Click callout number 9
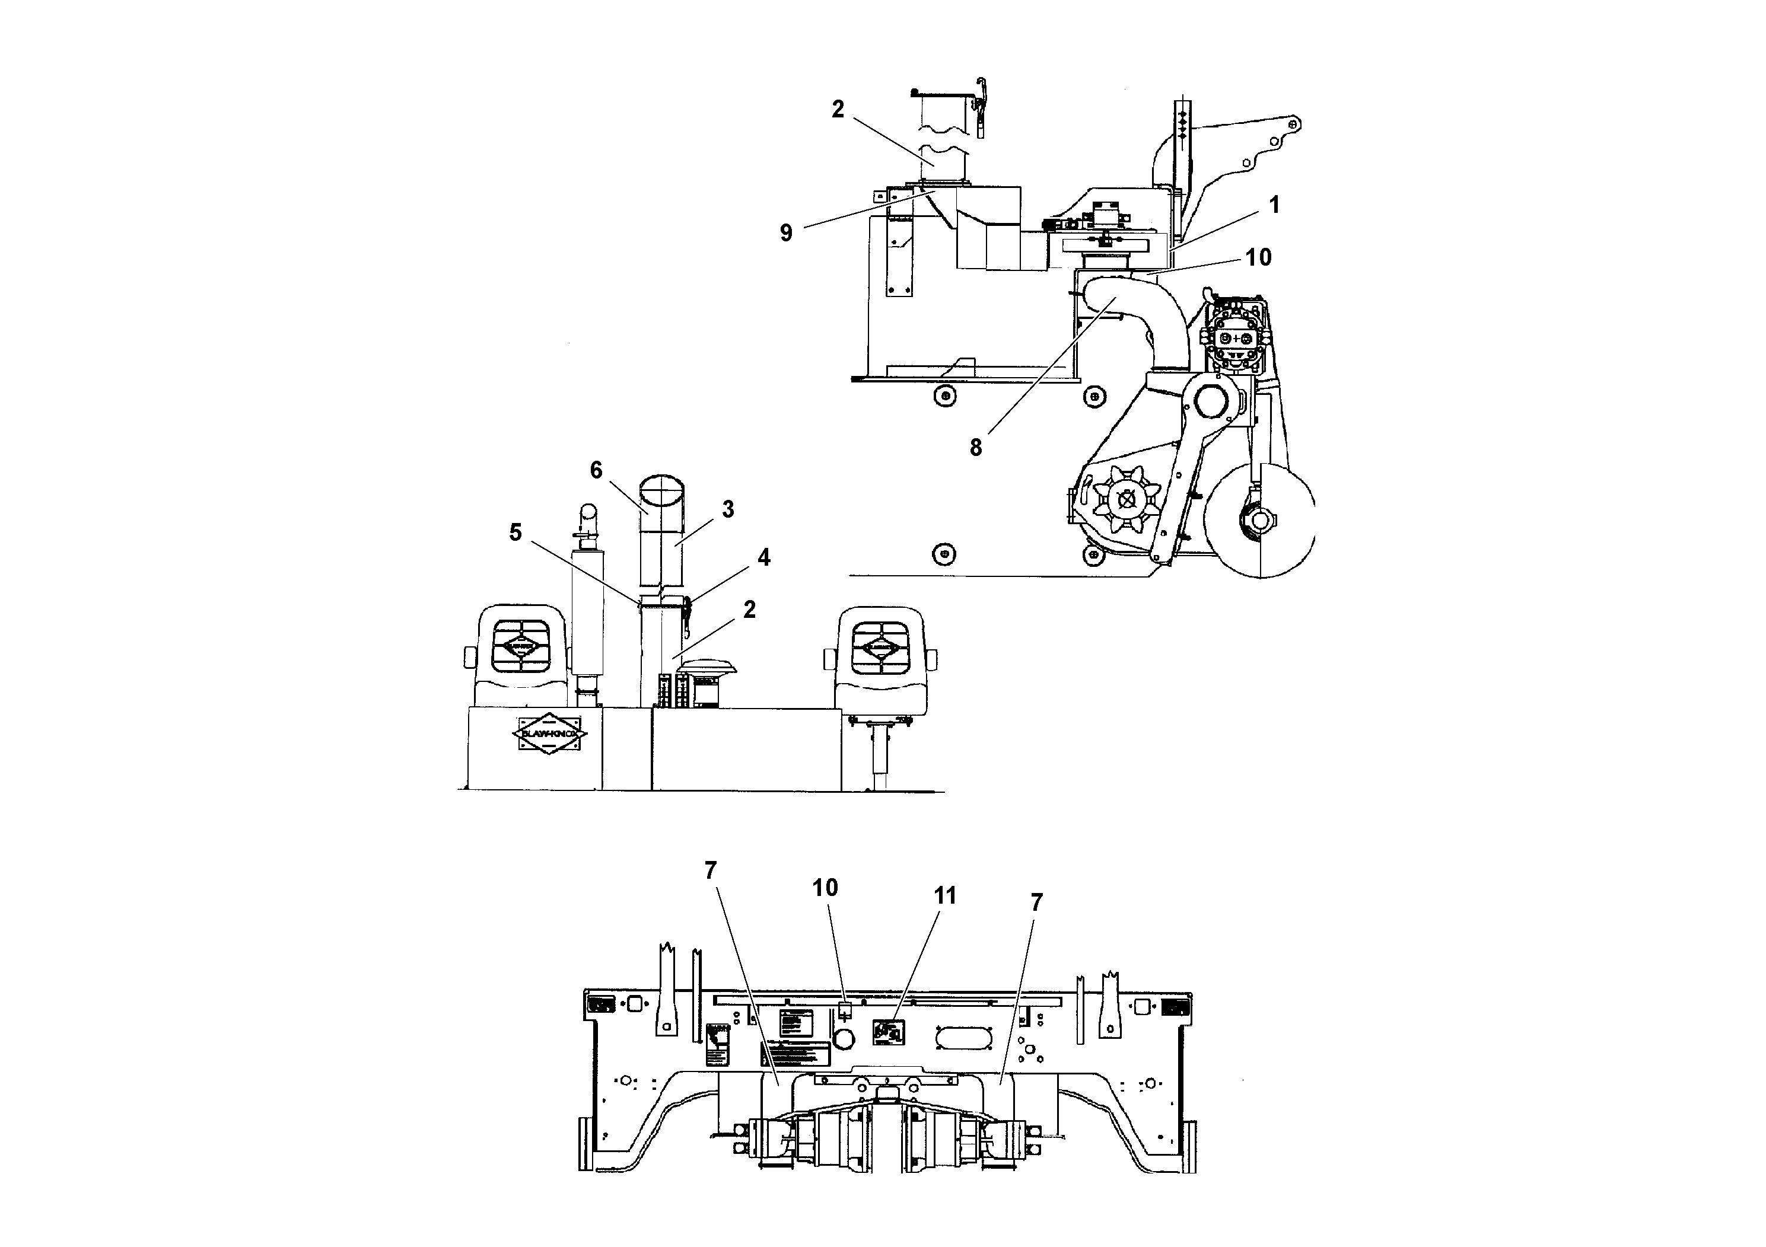click(x=785, y=233)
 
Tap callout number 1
click(x=1274, y=205)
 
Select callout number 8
click(x=975, y=448)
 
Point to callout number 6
click(x=596, y=470)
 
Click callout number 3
click(x=728, y=509)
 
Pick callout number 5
click(x=516, y=532)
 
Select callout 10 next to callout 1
click(x=1258, y=257)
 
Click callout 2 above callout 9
click(x=838, y=109)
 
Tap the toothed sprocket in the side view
click(x=1127, y=500)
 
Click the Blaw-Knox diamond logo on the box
click(x=549, y=735)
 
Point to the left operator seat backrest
click(x=521, y=646)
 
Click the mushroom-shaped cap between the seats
click(x=708, y=666)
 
